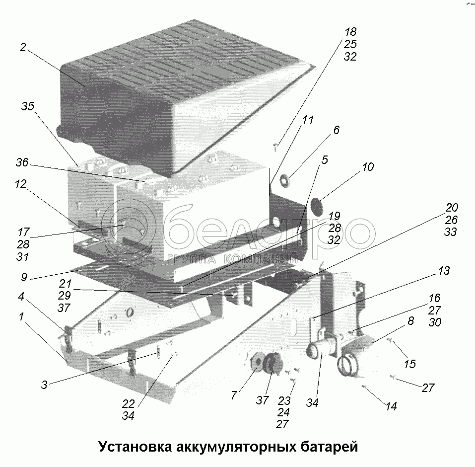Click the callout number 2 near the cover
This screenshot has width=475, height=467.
23,48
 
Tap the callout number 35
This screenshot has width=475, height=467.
28,107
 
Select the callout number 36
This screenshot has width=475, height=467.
22,162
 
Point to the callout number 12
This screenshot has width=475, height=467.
20,184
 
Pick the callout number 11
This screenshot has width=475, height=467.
308,120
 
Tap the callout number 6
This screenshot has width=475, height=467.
336,130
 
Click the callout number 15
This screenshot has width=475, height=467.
409,364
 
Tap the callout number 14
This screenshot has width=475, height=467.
391,406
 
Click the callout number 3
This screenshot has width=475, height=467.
44,385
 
